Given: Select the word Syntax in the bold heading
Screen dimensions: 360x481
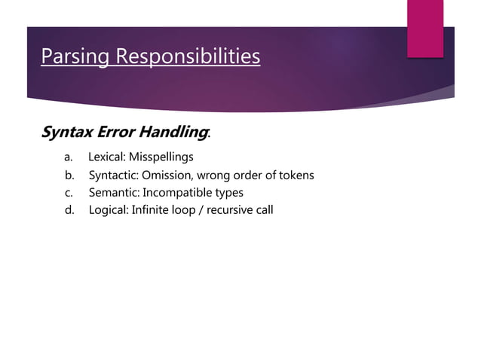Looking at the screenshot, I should pyautogui.click(x=67, y=133).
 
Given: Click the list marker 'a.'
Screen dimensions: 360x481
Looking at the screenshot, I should pyautogui.click(x=68, y=157).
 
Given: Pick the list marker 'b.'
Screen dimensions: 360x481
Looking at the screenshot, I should pyautogui.click(x=69, y=175).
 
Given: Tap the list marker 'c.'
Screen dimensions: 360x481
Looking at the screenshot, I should pyautogui.click(x=69, y=192).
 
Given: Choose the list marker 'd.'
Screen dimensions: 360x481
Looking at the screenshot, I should pyautogui.click(x=69, y=209).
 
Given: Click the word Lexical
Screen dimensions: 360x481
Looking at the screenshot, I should pyautogui.click(x=106, y=157).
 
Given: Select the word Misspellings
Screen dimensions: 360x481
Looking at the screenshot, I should pyautogui.click(x=161, y=157).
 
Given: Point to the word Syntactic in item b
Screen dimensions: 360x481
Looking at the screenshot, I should pyautogui.click(x=113, y=175).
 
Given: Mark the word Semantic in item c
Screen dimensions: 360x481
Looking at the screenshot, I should pyautogui.click(x=113, y=192).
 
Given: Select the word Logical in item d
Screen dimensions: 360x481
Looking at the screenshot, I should pyautogui.click(x=109, y=209).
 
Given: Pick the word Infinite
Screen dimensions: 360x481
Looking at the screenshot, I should pyautogui.click(x=151, y=209).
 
